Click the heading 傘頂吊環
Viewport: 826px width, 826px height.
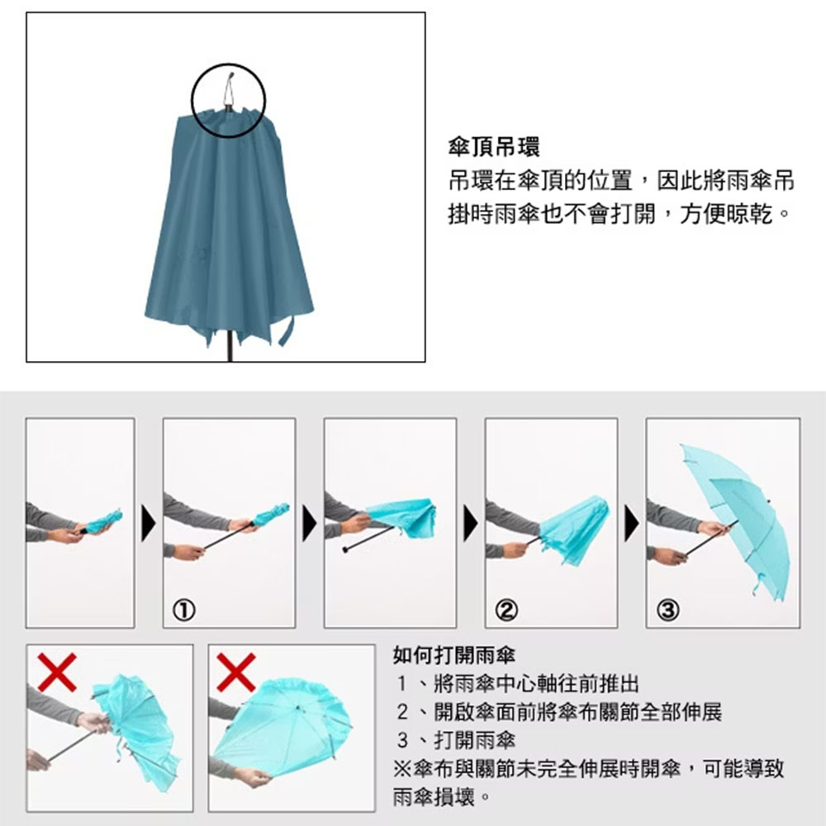494,148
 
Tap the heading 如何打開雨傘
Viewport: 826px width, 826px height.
454,655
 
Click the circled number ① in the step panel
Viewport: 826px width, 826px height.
184,610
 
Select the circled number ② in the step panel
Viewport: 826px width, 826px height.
506,610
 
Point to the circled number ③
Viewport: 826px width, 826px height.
667,610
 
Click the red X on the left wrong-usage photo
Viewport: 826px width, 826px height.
58,672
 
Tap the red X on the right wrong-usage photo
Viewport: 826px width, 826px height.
236,672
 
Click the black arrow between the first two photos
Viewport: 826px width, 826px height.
149,523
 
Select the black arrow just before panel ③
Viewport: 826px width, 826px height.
631,523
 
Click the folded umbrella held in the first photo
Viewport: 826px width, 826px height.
102,521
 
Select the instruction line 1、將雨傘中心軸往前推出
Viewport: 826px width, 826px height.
518,684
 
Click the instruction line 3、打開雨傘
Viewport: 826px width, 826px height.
456,740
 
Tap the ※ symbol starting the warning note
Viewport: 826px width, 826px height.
402,768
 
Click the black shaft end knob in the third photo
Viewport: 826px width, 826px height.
345,550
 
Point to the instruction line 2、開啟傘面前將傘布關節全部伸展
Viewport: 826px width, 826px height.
559,712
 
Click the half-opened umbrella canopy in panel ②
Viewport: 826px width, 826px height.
575,527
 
